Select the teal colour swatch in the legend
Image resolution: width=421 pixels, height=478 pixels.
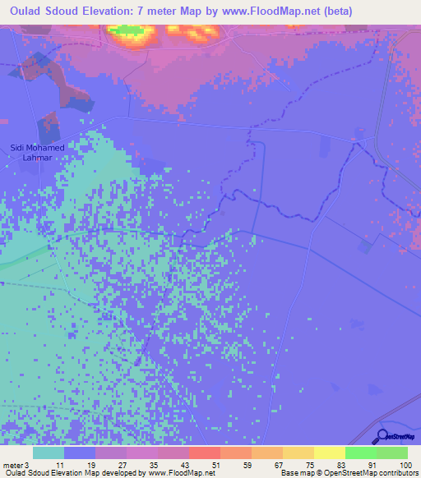(x=49, y=453)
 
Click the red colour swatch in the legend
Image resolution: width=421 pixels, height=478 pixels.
(x=205, y=453)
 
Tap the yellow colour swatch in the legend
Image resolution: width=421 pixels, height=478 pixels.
(x=330, y=453)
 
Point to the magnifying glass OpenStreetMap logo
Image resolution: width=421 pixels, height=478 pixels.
(x=384, y=435)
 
